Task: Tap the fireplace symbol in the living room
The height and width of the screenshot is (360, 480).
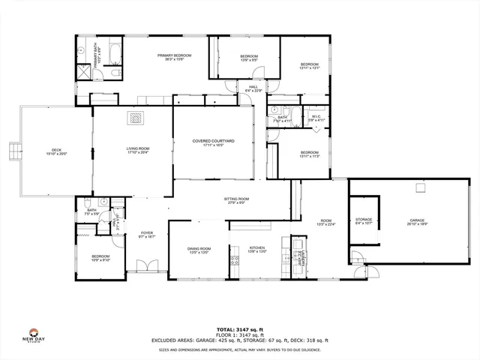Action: [136, 117]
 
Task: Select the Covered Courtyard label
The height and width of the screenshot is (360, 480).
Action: [213, 142]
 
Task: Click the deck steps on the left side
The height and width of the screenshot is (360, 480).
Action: [12, 151]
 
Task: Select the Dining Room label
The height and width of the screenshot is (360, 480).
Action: [199, 250]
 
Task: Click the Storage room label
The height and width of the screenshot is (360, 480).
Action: [363, 220]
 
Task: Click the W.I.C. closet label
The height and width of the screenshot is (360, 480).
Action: [316, 118]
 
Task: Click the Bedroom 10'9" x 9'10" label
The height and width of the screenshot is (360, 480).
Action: [100, 259]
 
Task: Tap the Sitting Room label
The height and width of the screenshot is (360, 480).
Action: [236, 200]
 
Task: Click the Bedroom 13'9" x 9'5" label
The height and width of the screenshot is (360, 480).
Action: [248, 58]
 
